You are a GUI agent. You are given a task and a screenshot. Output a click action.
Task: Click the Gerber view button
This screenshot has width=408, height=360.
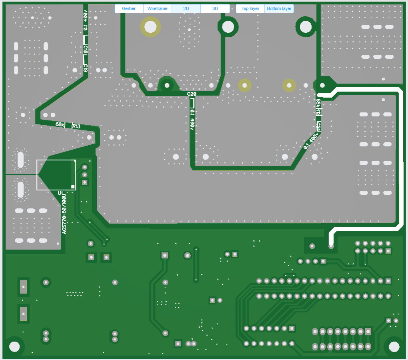[x=129, y=8]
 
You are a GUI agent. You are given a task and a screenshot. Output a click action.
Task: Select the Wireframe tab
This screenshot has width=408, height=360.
[x=157, y=8]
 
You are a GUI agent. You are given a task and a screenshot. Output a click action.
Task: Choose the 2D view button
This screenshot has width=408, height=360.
[x=186, y=8]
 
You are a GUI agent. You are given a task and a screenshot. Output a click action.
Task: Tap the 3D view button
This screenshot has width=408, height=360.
[x=215, y=8]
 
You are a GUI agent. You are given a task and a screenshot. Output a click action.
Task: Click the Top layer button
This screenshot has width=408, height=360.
[x=250, y=8]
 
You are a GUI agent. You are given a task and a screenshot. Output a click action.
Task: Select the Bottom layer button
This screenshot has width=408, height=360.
[x=279, y=8]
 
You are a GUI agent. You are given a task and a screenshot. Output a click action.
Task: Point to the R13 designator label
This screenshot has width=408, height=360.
[x=76, y=126]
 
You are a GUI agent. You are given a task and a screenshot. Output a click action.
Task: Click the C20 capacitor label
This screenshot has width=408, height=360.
[x=192, y=94]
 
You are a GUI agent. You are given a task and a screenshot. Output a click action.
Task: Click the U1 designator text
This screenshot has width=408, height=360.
[x=61, y=194]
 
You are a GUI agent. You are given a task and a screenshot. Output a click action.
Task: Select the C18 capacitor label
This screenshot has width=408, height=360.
[x=86, y=49]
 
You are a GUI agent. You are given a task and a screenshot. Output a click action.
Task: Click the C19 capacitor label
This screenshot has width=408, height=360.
[x=86, y=67]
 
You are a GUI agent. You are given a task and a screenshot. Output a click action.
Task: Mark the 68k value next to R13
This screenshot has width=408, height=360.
[x=60, y=124]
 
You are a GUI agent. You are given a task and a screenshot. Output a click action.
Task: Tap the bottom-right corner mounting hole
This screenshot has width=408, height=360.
[x=394, y=346]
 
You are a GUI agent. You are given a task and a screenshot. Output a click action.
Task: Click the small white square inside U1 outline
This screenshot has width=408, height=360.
[x=73, y=186]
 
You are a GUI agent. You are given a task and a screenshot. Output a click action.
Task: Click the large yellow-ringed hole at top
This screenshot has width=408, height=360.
[x=150, y=27]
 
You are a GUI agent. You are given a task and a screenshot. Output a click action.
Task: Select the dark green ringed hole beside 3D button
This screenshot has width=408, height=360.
[x=228, y=27]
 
